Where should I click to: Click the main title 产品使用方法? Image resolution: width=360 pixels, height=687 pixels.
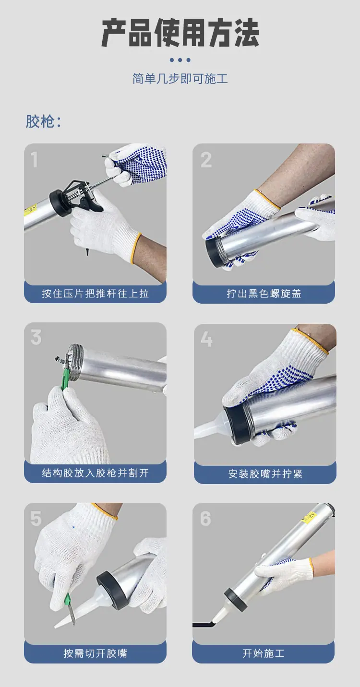coord(180,33)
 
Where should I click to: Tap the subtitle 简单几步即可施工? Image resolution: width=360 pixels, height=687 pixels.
coord(180,79)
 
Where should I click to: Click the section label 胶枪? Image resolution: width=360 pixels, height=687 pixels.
coord(43,121)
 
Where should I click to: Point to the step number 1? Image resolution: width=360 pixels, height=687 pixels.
coord(35,160)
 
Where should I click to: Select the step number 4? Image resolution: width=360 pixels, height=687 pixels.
coord(206,339)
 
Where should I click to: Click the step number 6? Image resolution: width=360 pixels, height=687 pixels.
coord(205,519)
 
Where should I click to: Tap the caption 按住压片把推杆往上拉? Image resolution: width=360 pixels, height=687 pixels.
coord(96,294)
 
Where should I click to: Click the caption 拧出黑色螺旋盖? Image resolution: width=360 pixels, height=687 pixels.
coord(264,294)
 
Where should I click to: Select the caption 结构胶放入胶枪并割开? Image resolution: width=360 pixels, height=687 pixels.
coord(96,473)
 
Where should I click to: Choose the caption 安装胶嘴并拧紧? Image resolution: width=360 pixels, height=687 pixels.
coord(265,474)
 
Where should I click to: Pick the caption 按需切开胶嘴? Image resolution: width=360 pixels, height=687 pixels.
coord(96,653)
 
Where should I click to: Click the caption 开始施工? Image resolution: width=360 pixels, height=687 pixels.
coord(264,653)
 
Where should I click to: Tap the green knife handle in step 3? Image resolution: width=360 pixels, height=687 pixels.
coord(65,379)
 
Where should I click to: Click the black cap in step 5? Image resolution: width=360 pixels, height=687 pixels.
coord(112,590)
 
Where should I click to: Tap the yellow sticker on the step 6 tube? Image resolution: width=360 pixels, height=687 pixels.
coord(309,517)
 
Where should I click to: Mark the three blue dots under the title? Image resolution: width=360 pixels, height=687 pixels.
coord(180,60)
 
